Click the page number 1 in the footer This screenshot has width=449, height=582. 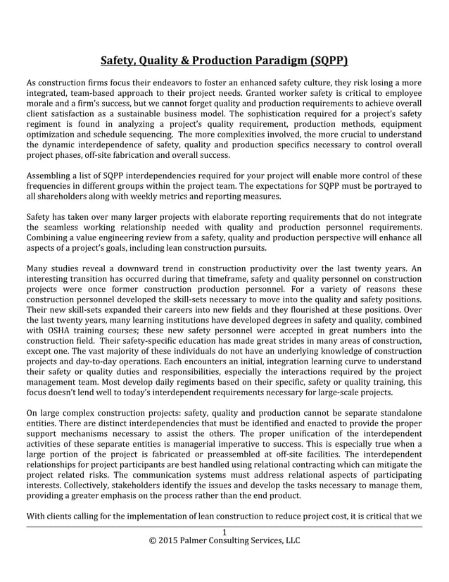click(x=224, y=531)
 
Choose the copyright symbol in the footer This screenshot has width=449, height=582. click(x=153, y=541)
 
